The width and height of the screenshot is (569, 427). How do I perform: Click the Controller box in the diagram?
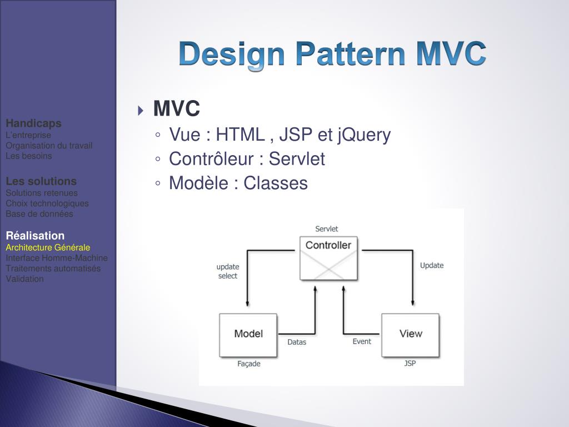[x=328, y=258]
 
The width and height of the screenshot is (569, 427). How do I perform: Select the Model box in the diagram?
[x=248, y=335]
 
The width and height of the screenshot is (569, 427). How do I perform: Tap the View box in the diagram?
[x=410, y=335]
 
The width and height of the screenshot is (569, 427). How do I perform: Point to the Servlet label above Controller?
[x=327, y=229]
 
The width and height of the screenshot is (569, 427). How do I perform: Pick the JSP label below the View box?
[x=410, y=364]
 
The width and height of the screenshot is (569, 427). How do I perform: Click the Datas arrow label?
[x=297, y=342]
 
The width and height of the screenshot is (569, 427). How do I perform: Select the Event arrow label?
[x=362, y=341]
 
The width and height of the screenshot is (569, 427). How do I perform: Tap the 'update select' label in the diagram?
[x=228, y=271]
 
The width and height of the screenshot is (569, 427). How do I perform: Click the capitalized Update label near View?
[x=432, y=265]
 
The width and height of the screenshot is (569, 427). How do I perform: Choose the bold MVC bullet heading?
[x=176, y=110]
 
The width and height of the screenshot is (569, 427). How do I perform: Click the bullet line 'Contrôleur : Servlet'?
[x=247, y=159]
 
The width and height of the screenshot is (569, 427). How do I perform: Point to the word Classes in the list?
[x=276, y=183]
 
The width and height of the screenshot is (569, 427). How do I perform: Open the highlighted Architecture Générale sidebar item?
[x=48, y=247]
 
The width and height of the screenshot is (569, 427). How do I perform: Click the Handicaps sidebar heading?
[x=34, y=123]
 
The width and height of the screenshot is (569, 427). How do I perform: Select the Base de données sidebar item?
[x=39, y=213]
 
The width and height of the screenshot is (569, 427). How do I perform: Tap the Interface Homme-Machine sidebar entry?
[x=57, y=258]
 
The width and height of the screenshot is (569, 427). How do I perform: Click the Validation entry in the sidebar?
[x=24, y=279]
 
